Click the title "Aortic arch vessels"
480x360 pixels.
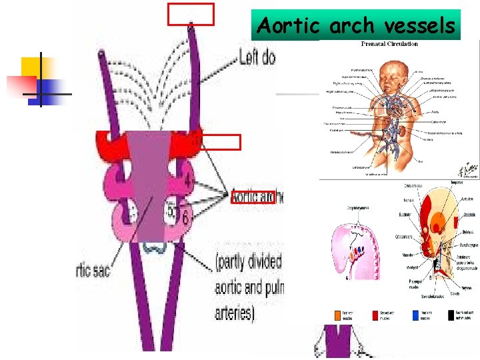point(356,25)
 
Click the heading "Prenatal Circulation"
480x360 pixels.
point(389,44)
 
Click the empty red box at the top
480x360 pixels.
point(191,14)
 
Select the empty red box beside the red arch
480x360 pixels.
point(221,142)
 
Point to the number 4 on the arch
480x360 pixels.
point(189,181)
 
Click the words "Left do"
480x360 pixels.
point(257,58)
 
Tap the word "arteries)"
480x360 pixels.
point(234,312)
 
